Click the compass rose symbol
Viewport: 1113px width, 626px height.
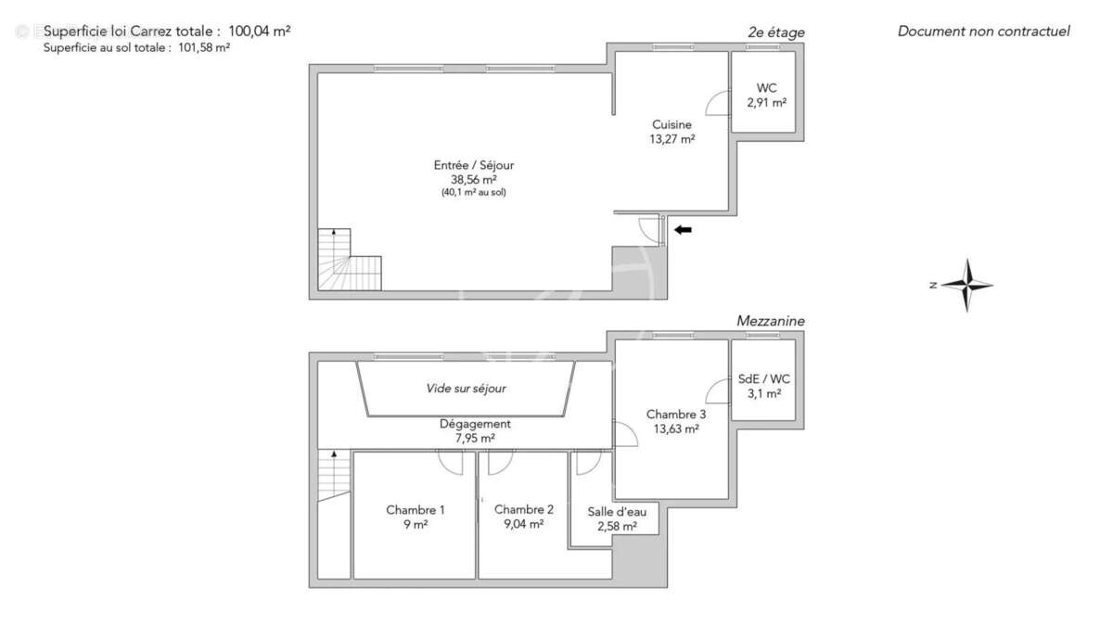(966, 285)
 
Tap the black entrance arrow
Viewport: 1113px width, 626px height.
(683, 230)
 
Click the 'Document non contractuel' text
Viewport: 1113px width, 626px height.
(983, 32)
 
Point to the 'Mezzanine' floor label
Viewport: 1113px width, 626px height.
(770, 321)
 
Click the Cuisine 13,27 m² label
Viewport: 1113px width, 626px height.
(672, 132)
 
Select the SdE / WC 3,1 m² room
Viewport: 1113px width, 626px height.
(765, 386)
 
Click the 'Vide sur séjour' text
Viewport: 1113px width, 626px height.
(466, 389)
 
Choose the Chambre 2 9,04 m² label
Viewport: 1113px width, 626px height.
(524, 517)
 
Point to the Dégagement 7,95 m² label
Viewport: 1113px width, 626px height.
(475, 431)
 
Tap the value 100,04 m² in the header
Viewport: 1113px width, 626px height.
(260, 31)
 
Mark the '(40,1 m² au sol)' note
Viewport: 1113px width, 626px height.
(473, 193)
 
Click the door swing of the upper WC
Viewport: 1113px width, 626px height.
(718, 104)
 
